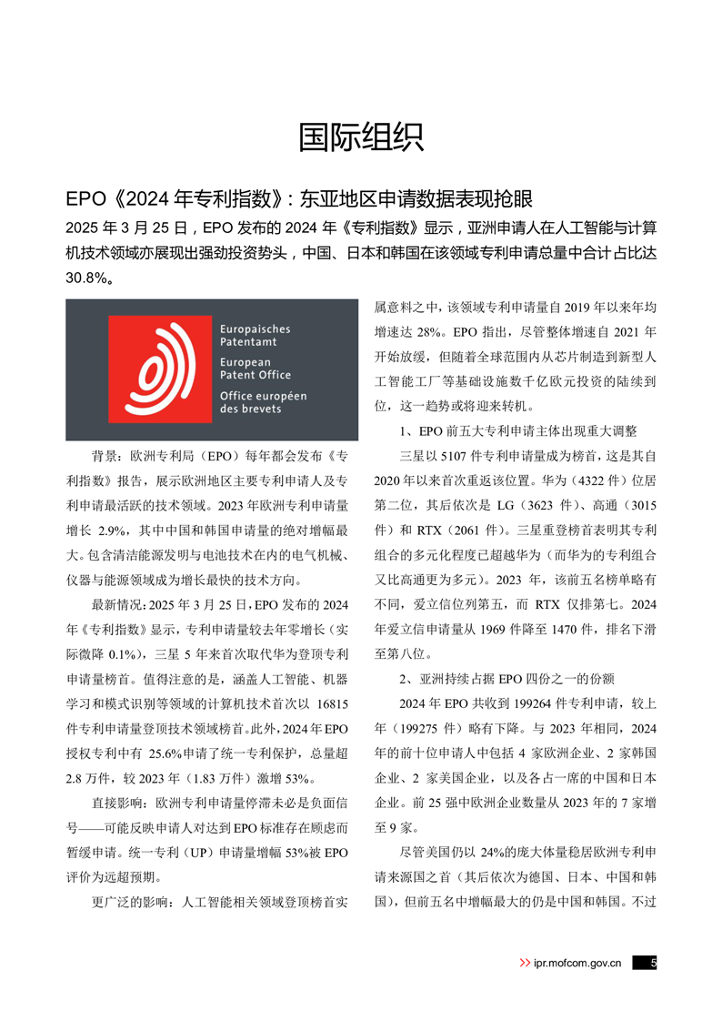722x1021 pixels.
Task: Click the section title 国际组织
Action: pos(360,137)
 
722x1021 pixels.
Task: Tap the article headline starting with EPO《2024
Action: pos(299,199)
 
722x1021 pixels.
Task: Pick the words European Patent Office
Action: pos(256,369)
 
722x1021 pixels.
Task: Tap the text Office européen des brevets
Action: pos(263,402)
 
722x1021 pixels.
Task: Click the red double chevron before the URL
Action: pos(525,963)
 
